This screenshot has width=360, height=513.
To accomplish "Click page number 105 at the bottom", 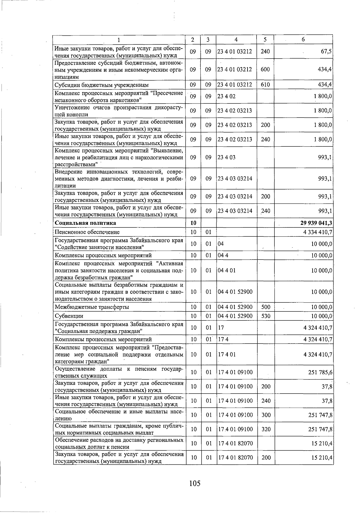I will [x=195, y=483].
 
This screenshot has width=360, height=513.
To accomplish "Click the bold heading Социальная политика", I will [x=85, y=223].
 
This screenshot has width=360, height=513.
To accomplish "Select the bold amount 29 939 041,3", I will [x=314, y=223].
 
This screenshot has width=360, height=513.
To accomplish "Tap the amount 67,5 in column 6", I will [x=326, y=52].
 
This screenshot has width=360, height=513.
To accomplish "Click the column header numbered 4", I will [x=236, y=40].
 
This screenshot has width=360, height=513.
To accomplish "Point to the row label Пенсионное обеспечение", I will [x=87, y=232].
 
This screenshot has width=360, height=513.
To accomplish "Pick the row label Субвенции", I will [x=69, y=316].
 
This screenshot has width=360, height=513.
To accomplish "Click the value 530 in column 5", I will [x=265, y=316].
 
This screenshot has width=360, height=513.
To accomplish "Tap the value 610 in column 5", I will [x=265, y=85].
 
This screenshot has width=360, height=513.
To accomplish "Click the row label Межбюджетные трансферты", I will [x=92, y=307].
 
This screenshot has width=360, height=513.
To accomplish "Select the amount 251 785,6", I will [x=320, y=372].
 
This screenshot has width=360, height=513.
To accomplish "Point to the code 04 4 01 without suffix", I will [x=226, y=270].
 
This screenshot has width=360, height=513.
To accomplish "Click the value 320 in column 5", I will [x=266, y=429].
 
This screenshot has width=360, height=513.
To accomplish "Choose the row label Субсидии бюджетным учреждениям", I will [x=101, y=85].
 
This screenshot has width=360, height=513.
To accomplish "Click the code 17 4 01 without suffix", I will [x=226, y=354].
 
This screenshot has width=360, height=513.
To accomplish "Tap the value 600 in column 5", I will [x=265, y=69].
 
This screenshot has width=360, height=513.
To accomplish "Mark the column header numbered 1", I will [x=119, y=40].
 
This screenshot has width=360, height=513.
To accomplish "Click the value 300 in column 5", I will [x=266, y=415].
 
